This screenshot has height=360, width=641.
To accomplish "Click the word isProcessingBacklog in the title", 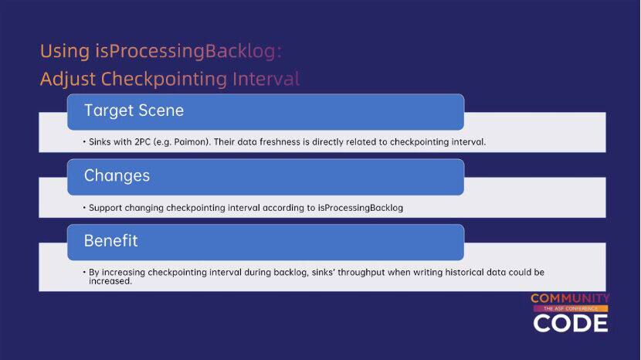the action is point(188,52).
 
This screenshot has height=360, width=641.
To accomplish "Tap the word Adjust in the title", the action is point(68,80).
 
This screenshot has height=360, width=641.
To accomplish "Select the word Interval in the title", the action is point(266,79).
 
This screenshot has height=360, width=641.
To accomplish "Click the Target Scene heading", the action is point(134,110).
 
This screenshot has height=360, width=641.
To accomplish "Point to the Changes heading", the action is point(117,176).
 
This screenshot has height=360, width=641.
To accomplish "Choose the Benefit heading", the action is point(110,240).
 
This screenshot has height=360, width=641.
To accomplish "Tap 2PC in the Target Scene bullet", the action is point(143,142).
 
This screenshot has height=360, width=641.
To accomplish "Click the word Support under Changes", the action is point(106,208).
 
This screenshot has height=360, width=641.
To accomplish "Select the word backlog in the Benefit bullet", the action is point(290,273).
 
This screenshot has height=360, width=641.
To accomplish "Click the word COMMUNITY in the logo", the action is point(570,298).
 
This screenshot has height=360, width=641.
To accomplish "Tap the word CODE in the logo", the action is point(571,323).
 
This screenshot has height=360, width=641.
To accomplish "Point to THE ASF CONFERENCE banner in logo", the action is point(571,308).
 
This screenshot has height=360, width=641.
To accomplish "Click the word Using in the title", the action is point(65,52).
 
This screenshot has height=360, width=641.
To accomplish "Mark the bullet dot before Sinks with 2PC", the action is point(84,142).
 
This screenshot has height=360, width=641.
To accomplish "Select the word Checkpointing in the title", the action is point(164,80).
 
